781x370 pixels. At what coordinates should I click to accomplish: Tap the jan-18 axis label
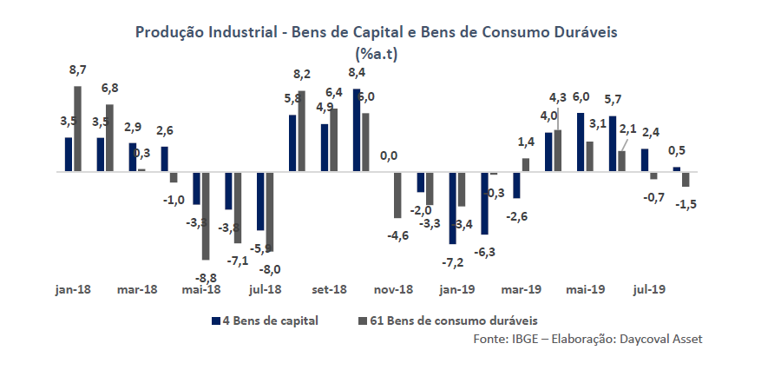coord(73,289)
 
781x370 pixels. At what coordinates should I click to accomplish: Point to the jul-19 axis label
coord(650,289)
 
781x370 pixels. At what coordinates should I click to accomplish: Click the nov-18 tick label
coord(393,289)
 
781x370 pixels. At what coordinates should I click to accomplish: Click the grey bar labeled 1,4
coord(526,165)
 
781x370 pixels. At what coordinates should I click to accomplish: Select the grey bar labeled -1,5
coord(686,179)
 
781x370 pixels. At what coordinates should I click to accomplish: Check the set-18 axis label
coord(330,289)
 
